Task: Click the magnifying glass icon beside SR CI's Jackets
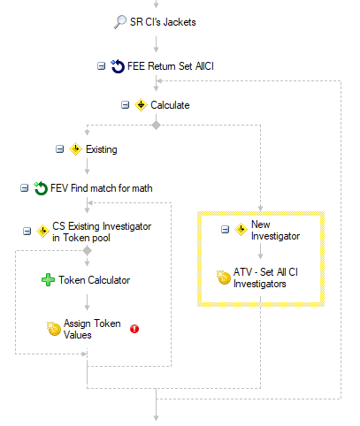tap(120, 22)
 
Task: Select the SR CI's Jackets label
tap(163, 22)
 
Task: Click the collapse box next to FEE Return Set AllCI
tap(101, 66)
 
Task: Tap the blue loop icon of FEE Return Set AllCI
tap(118, 66)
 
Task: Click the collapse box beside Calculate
tap(126, 105)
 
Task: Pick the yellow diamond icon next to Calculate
tap(141, 105)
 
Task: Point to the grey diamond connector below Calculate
tap(157, 126)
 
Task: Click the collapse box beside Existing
tap(60, 149)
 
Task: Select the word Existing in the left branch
tap(102, 149)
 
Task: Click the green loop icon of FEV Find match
tap(41, 188)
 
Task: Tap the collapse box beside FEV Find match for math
tap(24, 188)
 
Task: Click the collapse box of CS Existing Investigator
tap(27, 232)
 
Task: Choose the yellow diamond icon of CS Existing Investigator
tap(42, 232)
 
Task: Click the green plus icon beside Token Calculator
tap(48, 280)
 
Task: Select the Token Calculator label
tap(95, 280)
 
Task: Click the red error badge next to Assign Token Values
tap(134, 329)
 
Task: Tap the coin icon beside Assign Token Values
tap(54, 329)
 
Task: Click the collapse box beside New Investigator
tap(225, 230)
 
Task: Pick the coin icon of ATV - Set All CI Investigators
tap(224, 278)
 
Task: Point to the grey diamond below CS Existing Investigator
tap(87, 251)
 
